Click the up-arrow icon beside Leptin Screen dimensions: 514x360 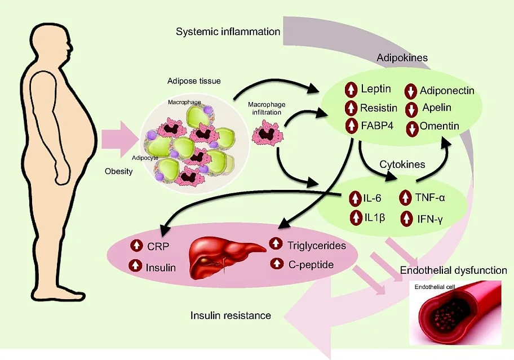351,90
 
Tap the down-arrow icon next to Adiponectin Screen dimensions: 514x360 411,91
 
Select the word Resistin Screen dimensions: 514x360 379,108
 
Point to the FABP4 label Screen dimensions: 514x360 377,126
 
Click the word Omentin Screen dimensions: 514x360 439,126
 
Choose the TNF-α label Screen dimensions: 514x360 430,198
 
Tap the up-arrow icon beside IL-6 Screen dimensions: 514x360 355,198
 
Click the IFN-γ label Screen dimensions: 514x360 430,219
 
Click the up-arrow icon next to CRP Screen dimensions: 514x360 136,245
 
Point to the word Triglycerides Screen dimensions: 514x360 316,246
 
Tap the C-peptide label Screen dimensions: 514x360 311,264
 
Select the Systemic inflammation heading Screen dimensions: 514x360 228,32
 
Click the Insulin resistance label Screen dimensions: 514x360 231,315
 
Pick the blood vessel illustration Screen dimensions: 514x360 455,313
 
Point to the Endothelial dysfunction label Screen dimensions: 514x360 453,270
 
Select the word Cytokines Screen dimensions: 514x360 402,164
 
